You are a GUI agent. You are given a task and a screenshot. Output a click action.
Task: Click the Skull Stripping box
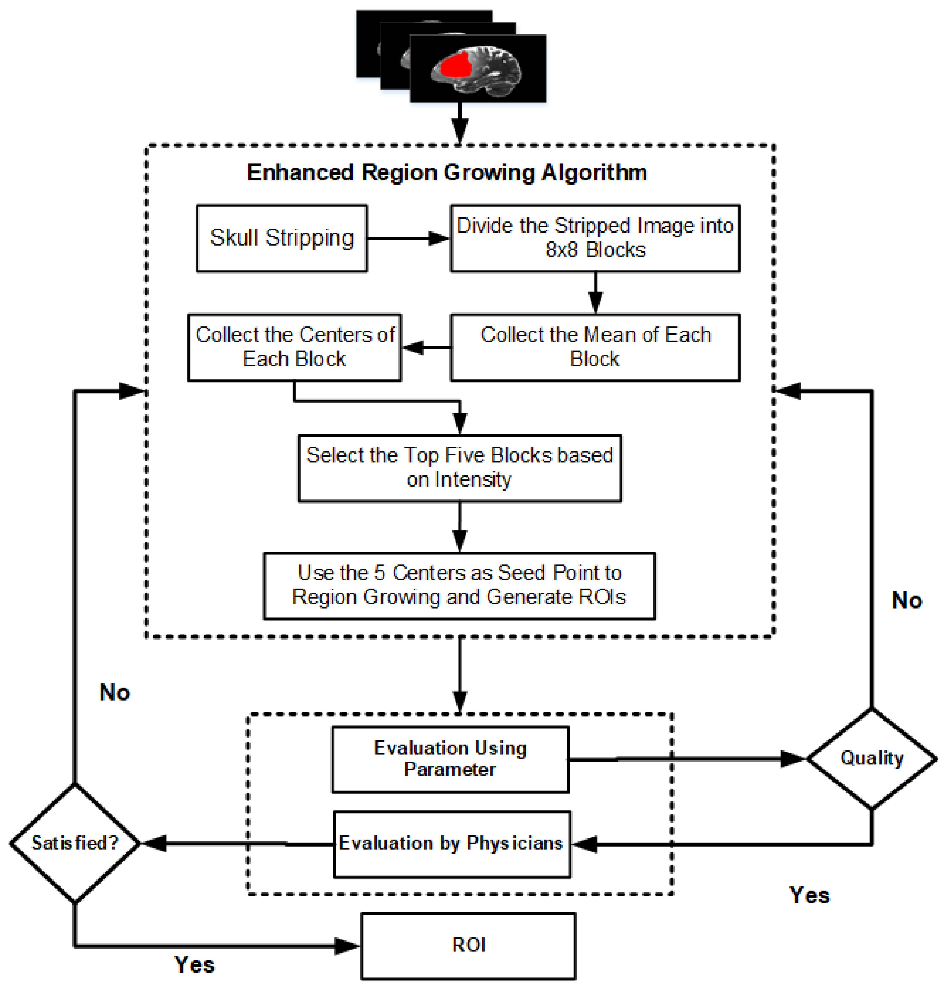tap(282, 238)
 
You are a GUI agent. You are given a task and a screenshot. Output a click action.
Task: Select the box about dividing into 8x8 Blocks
tap(595, 238)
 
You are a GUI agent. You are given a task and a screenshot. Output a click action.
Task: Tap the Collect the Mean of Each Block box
tap(595, 347)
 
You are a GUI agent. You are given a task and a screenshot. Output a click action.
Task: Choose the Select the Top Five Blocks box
tap(459, 468)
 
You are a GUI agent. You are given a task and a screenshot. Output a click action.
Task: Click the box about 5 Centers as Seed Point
tap(459, 585)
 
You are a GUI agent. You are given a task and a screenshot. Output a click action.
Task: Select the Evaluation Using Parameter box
tap(450, 759)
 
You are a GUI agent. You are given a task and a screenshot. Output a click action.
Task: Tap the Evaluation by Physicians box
tap(452, 844)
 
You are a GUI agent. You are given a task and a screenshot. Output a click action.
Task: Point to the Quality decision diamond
tap(872, 758)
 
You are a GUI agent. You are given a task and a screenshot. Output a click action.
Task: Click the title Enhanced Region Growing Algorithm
tap(447, 172)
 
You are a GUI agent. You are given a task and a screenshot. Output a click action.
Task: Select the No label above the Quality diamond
tap(907, 601)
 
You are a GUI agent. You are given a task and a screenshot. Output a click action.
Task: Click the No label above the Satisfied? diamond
tap(115, 692)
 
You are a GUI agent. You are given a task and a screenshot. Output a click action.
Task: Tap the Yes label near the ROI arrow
tap(194, 965)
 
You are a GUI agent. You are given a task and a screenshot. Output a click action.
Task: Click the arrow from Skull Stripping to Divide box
tap(408, 238)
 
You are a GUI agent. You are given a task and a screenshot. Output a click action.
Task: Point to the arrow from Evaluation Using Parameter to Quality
tap(687, 758)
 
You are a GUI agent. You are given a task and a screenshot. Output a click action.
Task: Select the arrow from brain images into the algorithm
tap(459, 124)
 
